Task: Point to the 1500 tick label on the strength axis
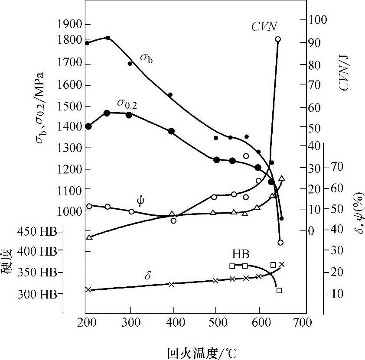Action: pos(68,106)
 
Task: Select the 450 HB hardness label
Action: pos(37,232)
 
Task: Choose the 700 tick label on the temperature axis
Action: pos(303,323)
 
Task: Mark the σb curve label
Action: pos(146,58)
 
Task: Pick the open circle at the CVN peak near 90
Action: pos(278,39)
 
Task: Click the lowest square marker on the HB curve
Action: pos(279,290)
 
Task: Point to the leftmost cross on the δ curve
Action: pos(88,289)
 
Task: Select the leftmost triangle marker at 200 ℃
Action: pos(89,237)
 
